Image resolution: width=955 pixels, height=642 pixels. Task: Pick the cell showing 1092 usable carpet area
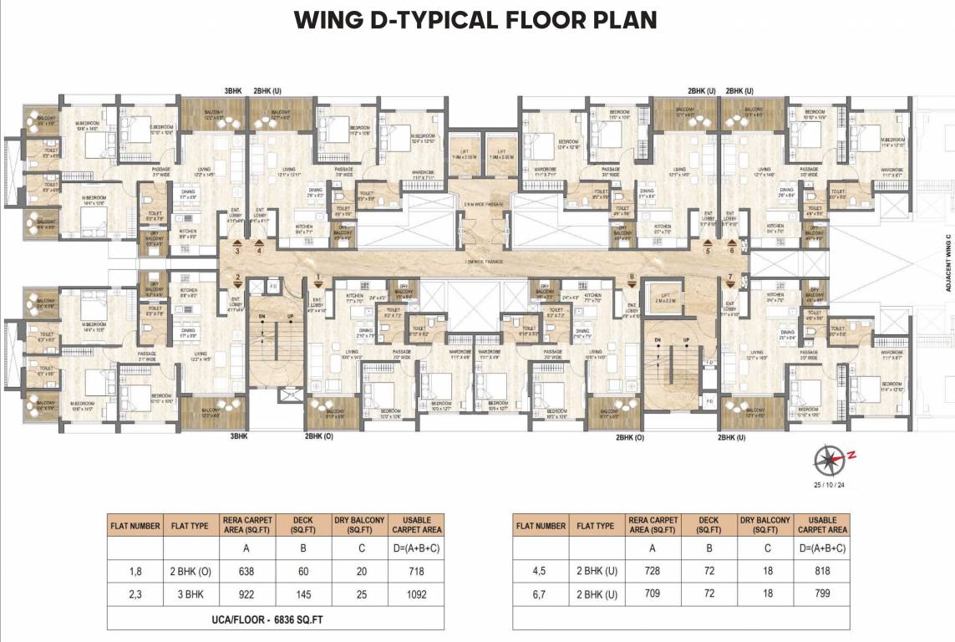coord(414,595)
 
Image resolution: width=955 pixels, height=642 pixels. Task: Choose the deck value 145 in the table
coord(303,595)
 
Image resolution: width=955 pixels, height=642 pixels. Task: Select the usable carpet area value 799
coord(822,595)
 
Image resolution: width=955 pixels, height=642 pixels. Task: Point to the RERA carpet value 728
coord(652,572)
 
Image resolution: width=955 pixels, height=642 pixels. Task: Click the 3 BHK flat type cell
coord(190,595)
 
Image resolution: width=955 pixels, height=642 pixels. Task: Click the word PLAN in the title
coord(617,20)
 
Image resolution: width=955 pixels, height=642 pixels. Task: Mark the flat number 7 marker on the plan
coord(730,278)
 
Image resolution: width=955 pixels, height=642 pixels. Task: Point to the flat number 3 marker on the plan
coord(237,249)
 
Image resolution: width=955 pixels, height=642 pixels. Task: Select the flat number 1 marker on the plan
coord(317,278)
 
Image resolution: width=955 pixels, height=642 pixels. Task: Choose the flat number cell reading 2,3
coord(134,595)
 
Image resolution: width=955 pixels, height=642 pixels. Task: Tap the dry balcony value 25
coord(360,595)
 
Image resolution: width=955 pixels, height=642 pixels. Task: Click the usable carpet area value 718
coord(414,572)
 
